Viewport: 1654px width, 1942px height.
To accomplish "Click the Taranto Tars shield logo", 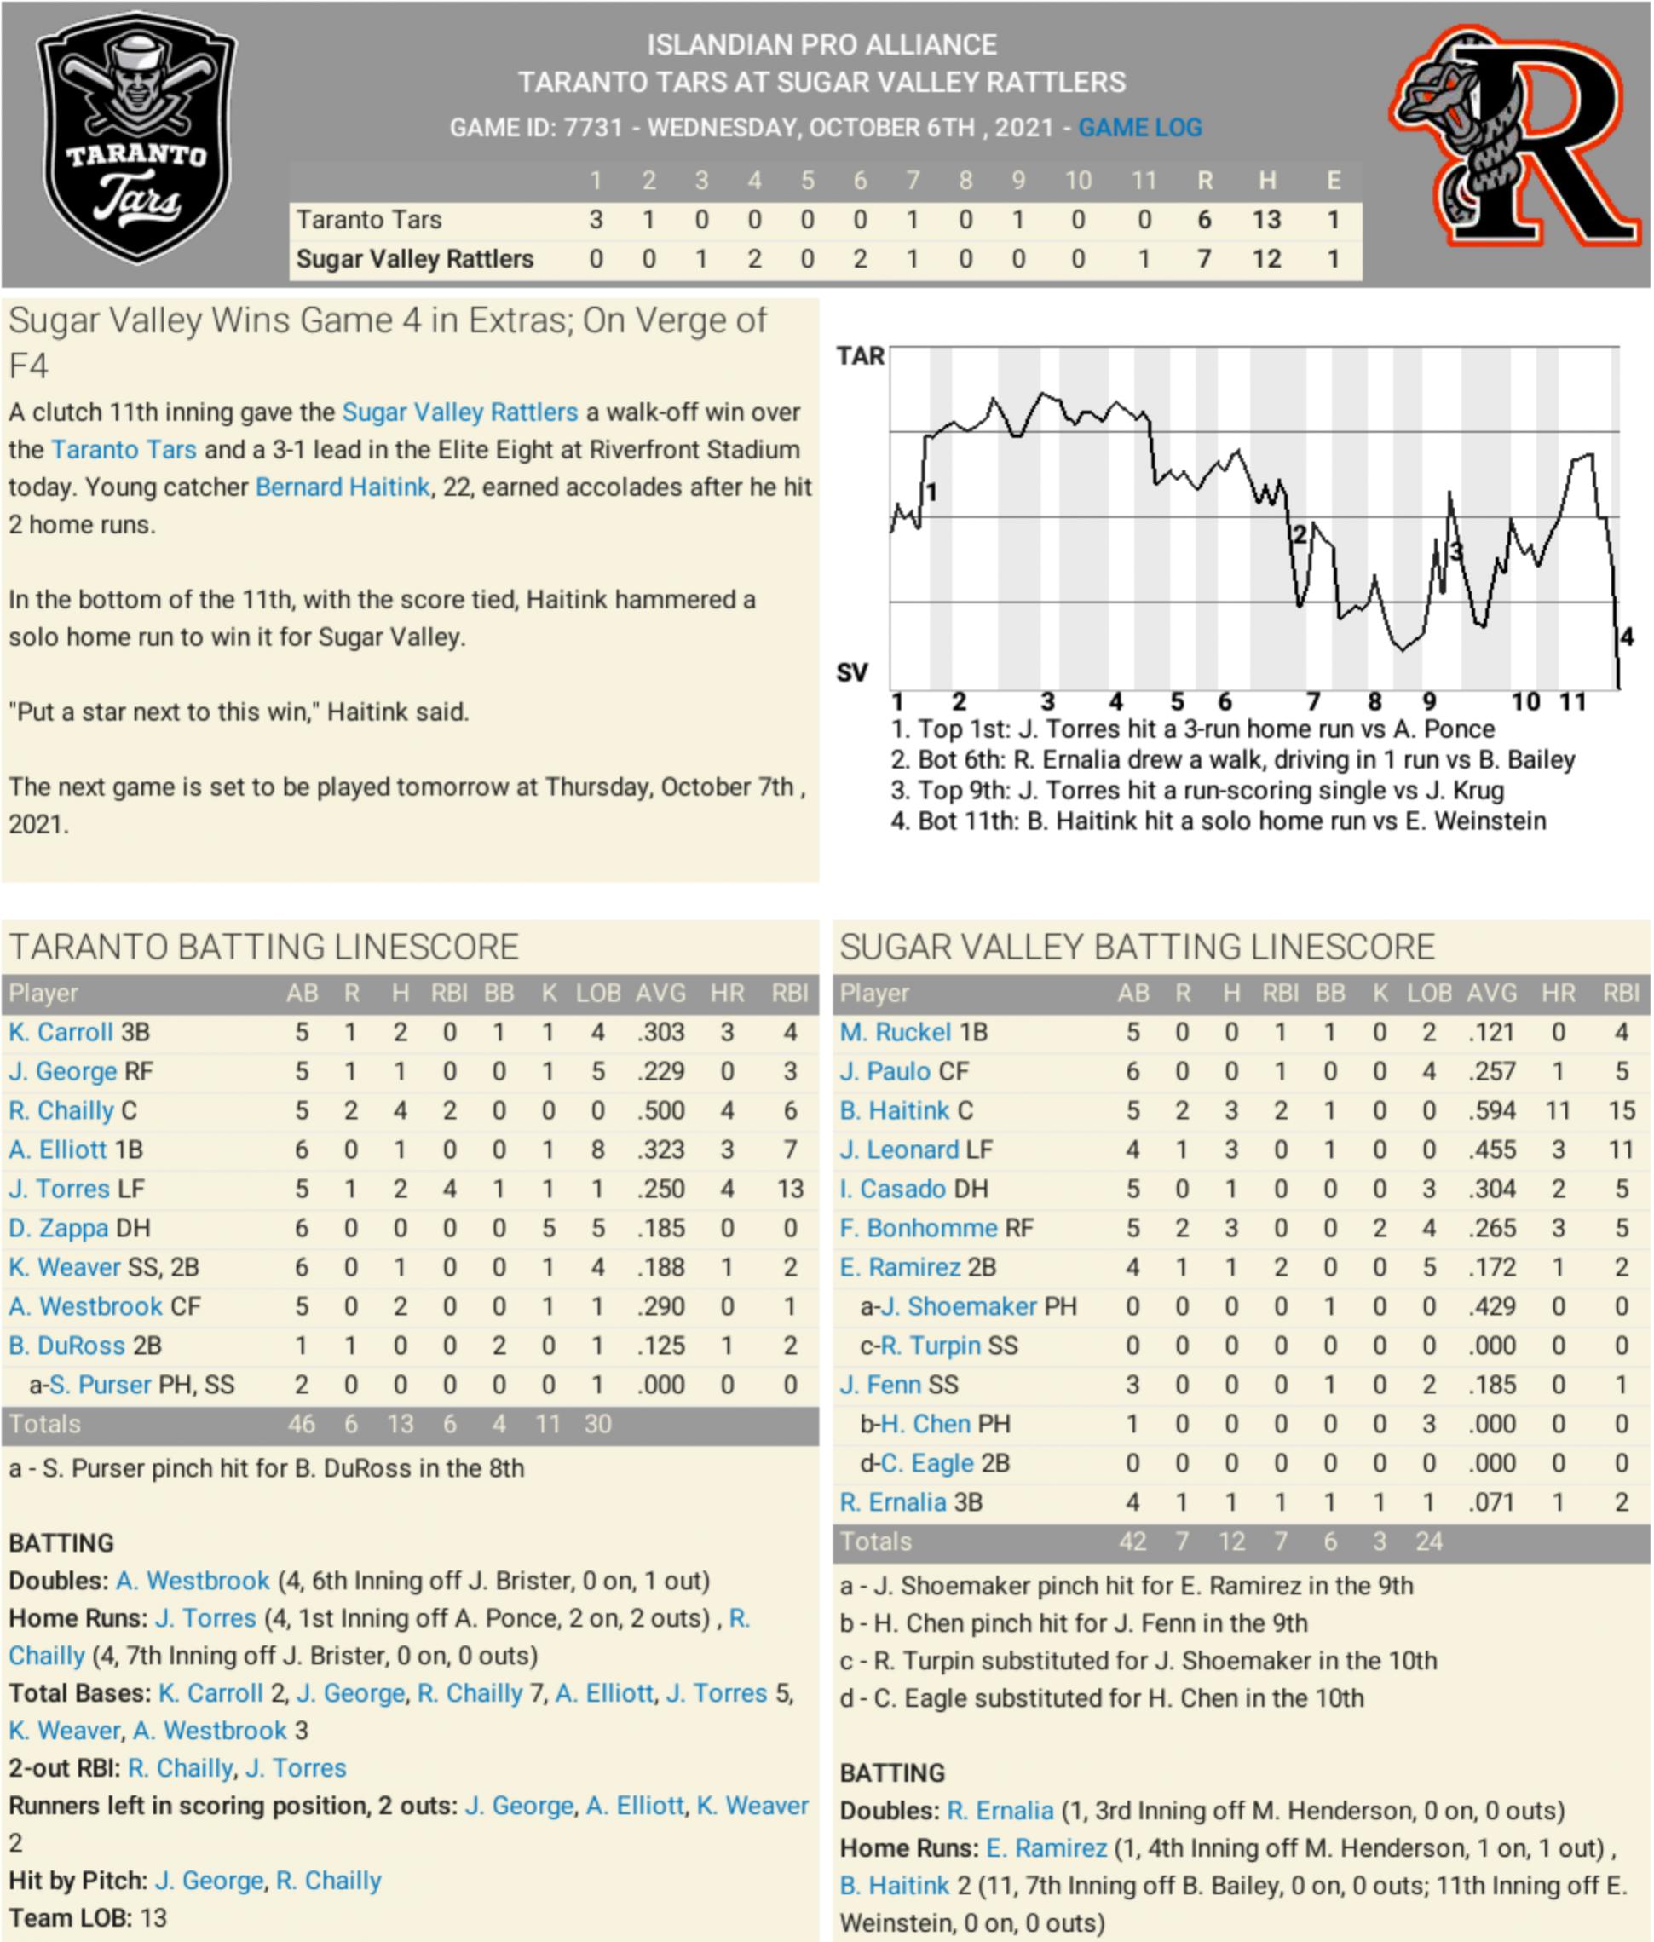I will [137, 138].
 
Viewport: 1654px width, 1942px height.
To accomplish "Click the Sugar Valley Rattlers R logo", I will [1516, 138].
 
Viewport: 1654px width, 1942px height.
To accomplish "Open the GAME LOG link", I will [1139, 128].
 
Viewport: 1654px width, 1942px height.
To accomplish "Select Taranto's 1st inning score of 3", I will [595, 219].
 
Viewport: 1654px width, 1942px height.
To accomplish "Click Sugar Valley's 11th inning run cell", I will [1144, 259].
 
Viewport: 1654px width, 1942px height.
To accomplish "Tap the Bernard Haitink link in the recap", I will [342, 487].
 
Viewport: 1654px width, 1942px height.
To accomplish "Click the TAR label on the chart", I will [859, 356].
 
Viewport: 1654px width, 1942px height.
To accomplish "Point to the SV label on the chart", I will [852, 672].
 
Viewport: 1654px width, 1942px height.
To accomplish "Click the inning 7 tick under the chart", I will [1313, 701].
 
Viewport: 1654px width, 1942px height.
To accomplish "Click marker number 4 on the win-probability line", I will [1627, 637].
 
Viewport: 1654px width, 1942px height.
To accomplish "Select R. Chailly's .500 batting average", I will [660, 1110].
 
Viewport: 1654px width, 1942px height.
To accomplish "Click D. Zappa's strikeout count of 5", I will [548, 1228].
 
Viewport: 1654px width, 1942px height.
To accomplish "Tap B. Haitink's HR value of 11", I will [1558, 1110].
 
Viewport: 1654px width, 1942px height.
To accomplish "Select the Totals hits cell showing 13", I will [401, 1425].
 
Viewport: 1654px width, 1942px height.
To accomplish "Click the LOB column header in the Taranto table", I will [598, 994].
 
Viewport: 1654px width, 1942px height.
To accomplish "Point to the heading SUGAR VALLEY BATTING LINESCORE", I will [1137, 947].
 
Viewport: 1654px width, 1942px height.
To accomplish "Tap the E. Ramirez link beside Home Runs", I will [1046, 1848].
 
